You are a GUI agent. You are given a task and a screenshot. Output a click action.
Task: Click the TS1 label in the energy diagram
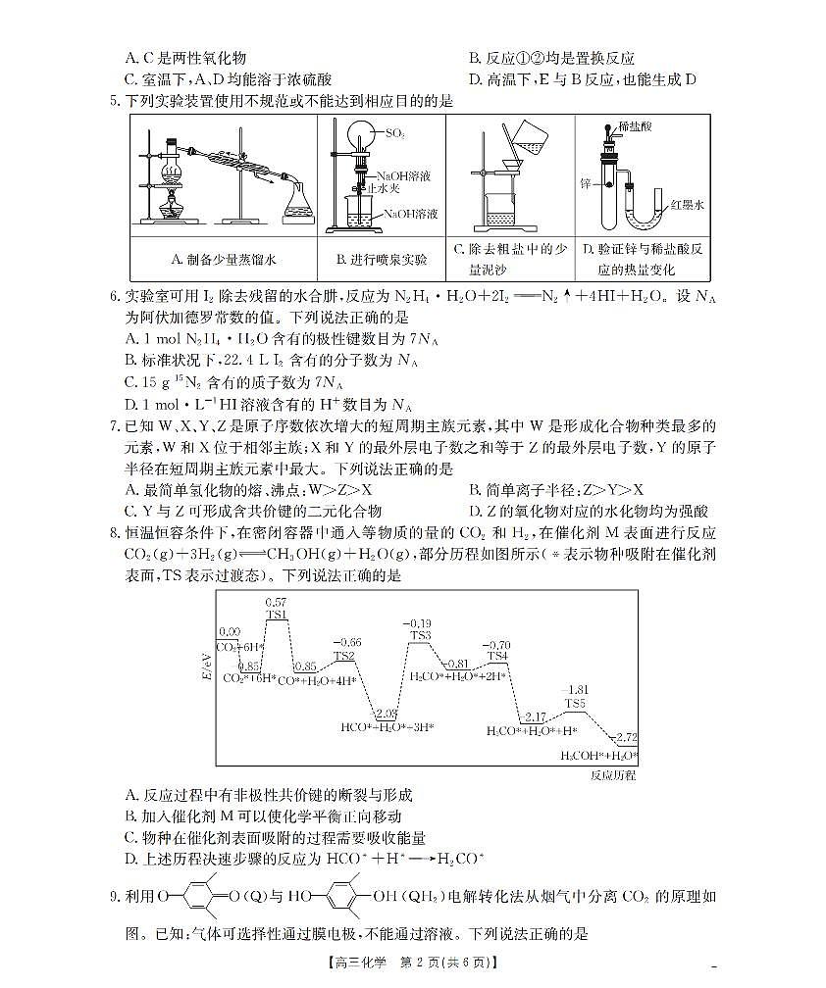click(277, 615)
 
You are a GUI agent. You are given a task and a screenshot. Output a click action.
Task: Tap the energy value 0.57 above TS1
click(277, 601)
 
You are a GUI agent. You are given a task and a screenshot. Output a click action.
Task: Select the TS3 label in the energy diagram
click(420, 636)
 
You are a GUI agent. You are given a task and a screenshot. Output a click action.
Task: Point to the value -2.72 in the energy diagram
click(623, 736)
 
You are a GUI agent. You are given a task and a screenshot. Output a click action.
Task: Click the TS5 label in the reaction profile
click(574, 703)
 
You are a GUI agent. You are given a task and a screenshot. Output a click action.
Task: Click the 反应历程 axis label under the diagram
click(613, 774)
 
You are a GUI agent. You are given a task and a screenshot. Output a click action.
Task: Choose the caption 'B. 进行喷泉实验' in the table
click(382, 260)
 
